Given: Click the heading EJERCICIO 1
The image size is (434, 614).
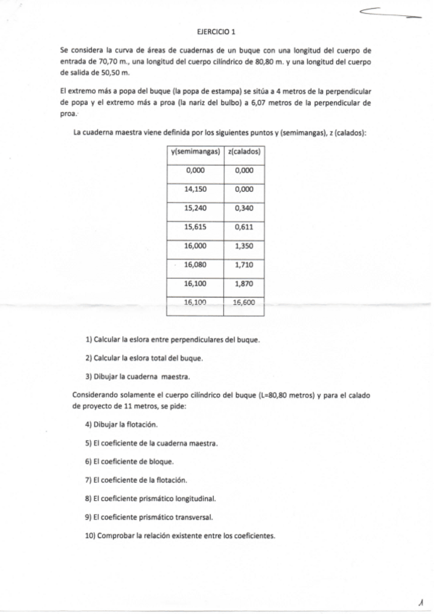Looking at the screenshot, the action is click(217, 32).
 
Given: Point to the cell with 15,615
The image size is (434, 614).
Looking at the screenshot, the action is click(196, 227).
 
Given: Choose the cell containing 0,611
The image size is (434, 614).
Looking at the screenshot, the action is click(244, 227).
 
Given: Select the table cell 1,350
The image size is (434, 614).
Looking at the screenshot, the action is click(244, 246).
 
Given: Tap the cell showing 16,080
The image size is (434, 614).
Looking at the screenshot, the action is click(196, 265).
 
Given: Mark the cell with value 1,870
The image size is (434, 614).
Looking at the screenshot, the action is click(244, 284).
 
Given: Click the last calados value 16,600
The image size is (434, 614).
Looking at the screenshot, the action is click(244, 303).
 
